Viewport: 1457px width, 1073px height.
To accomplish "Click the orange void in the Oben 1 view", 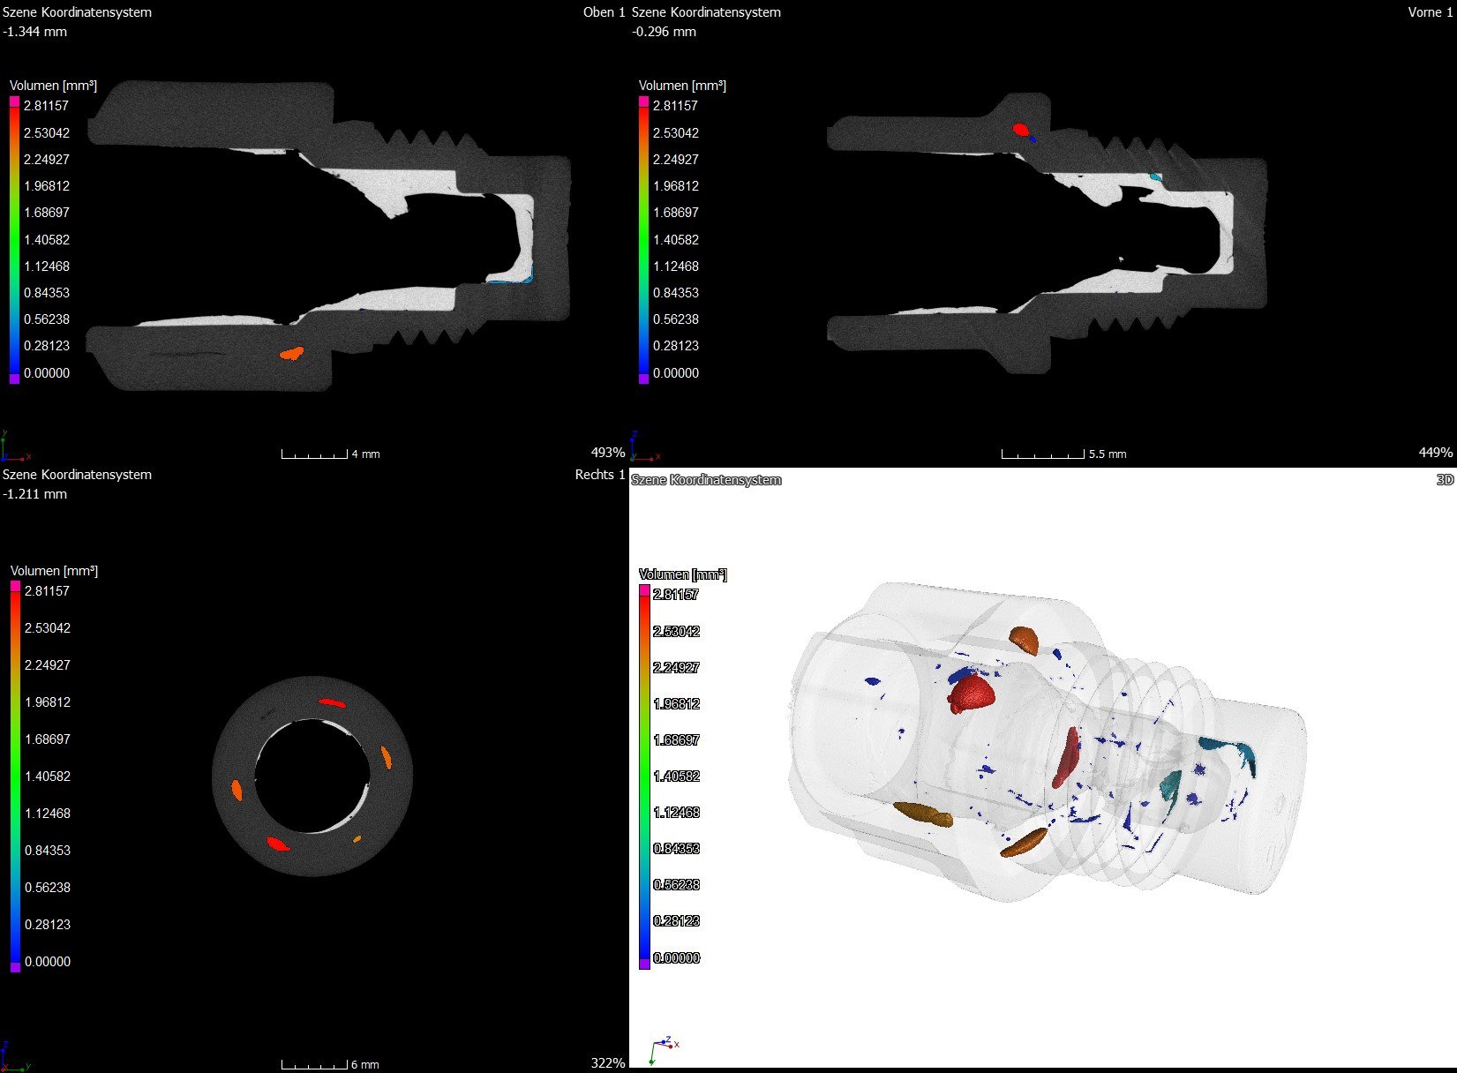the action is [291, 353].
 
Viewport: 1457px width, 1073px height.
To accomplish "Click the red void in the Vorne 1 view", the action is [1020, 130].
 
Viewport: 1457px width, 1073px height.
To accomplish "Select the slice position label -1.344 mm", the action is [35, 32].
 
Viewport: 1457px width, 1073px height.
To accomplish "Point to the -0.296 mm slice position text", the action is [665, 32].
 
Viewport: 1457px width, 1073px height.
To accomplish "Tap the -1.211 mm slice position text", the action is [35, 494].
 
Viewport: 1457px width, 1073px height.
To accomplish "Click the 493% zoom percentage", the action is [607, 453].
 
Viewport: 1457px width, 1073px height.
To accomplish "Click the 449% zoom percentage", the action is [1436, 453].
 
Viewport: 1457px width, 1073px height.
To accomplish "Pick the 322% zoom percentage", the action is [607, 1063].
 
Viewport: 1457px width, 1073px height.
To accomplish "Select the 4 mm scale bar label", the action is [365, 454].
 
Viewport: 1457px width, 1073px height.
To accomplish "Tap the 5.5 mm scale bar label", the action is [1108, 454].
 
